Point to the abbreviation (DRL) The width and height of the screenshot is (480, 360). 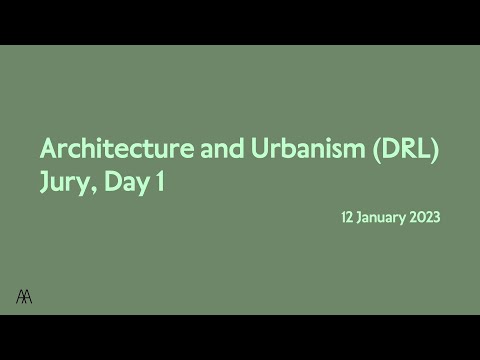pyautogui.click(x=406, y=150)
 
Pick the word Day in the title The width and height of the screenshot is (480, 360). pyautogui.click(x=128, y=183)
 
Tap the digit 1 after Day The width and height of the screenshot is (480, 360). pyautogui.click(x=160, y=182)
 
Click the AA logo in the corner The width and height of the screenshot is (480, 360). pyautogui.click(x=23, y=295)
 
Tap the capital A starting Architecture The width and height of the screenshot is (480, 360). pyautogui.click(x=48, y=150)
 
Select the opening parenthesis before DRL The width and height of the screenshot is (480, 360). pyautogui.click(x=374, y=151)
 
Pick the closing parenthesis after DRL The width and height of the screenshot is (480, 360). pyautogui.click(x=436, y=151)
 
